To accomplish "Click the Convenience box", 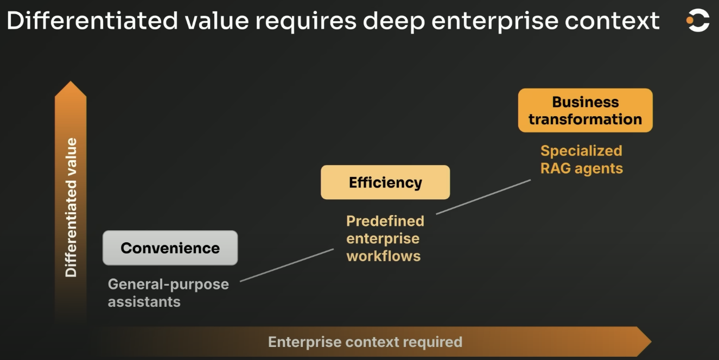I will tap(170, 248).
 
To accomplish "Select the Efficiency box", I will tap(385, 182).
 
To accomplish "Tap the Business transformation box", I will tap(585, 110).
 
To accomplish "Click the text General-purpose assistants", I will tap(168, 293).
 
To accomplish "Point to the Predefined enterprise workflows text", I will tap(385, 238).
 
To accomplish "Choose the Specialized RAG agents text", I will tap(581, 160).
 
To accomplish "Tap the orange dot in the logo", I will tap(690, 21).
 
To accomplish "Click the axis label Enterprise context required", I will tap(365, 342).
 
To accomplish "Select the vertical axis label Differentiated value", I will tap(71, 207).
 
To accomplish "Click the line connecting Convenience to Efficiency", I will tap(287, 265).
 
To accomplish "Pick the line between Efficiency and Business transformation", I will tap(483, 197).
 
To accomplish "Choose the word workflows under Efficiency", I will tap(384, 256).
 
